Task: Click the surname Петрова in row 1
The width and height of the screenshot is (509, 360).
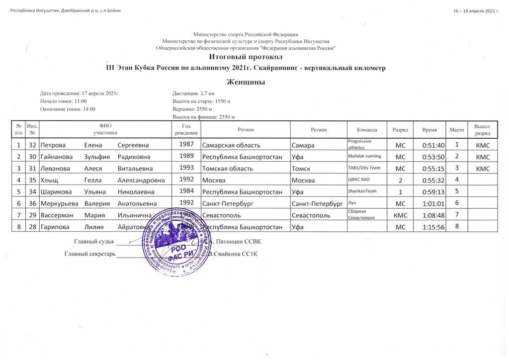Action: tap(54, 145)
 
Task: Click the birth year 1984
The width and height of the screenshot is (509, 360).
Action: tap(186, 191)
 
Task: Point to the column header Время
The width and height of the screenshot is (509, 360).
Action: tap(429, 129)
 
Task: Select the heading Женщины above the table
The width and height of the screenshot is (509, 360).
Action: tap(245, 82)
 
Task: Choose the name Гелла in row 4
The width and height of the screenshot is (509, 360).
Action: tap(93, 180)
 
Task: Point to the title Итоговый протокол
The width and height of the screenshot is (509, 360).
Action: tap(245, 58)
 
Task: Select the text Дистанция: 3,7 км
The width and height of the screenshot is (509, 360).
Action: tap(193, 93)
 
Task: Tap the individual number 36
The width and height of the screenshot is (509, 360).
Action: tap(33, 203)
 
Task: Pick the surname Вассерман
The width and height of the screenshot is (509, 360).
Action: tap(58, 215)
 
